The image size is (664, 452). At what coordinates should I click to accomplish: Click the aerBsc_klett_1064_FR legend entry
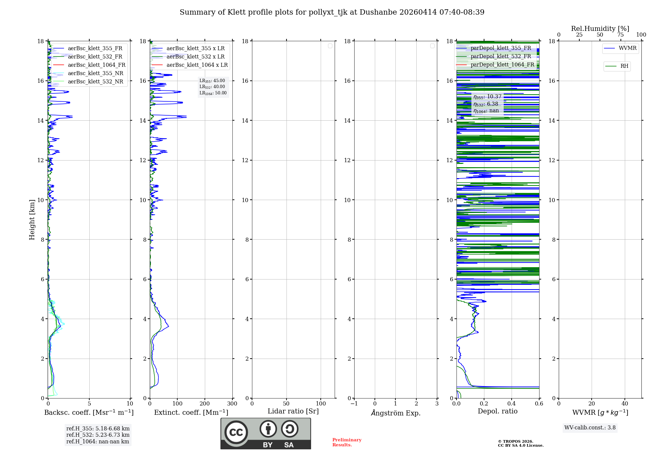click(x=96, y=65)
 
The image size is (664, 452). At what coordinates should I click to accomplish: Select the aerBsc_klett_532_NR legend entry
click(x=95, y=82)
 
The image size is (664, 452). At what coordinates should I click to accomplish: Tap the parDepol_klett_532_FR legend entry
click(x=500, y=56)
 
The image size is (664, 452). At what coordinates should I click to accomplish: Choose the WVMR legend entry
click(x=627, y=48)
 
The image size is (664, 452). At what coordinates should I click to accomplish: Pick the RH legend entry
click(x=624, y=66)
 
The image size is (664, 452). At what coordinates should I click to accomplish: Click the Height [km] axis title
click(x=32, y=220)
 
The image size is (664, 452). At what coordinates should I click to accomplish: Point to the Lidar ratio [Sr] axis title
click(x=293, y=411)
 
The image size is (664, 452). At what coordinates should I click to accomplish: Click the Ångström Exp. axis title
click(x=395, y=413)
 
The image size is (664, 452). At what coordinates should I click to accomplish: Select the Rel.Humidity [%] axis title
click(x=600, y=29)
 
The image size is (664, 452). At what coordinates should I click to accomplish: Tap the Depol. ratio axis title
click(x=497, y=411)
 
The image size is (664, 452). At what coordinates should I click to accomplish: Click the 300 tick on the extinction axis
click(x=232, y=404)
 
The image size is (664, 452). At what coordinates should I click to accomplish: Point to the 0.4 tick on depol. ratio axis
click(x=512, y=404)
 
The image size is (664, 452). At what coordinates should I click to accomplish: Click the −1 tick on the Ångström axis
click(x=354, y=404)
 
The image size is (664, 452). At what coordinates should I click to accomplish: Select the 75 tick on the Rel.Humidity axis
click(x=620, y=35)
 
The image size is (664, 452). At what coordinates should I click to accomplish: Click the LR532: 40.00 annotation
click(x=212, y=87)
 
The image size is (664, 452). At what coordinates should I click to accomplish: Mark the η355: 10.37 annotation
click(x=487, y=97)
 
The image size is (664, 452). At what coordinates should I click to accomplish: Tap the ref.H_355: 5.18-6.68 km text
click(x=98, y=429)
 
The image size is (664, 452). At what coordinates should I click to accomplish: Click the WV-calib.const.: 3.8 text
click(x=590, y=428)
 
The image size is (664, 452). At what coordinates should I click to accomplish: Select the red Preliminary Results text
click(x=347, y=442)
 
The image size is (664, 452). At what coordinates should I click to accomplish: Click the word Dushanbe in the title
click(x=378, y=12)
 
